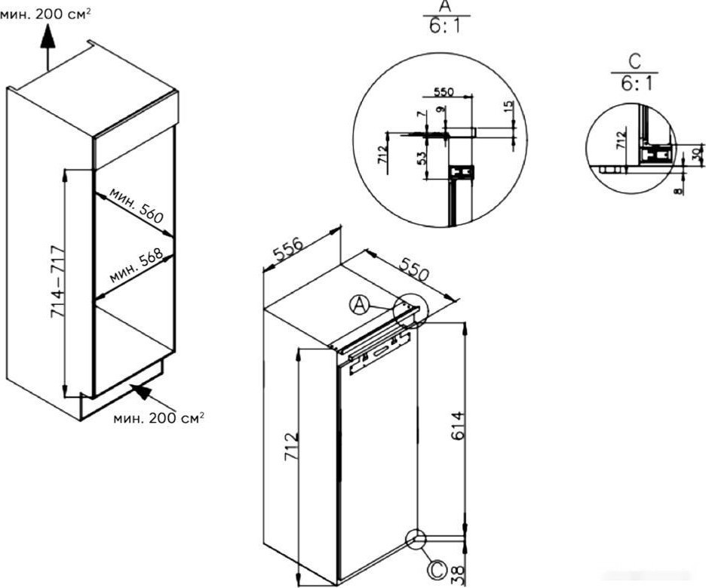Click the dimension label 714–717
[58, 282]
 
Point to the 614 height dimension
[456, 426]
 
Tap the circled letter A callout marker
[359, 305]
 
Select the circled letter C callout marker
[436, 569]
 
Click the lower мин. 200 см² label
[158, 417]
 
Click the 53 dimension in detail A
[422, 159]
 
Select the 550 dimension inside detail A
[444, 92]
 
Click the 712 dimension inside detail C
[621, 140]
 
